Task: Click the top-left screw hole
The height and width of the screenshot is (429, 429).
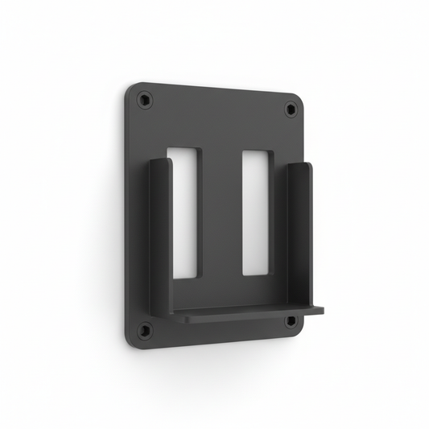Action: [x=145, y=101]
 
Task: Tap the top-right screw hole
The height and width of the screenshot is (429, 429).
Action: [x=291, y=109]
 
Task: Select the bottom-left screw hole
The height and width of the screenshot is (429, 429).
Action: [x=145, y=330]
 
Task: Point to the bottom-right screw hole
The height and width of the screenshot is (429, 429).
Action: [x=291, y=320]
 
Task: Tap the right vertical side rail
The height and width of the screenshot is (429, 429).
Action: [x=300, y=233]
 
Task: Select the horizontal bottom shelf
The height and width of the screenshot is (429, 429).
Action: [x=241, y=314]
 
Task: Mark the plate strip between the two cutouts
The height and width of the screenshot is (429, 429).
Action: [x=222, y=217]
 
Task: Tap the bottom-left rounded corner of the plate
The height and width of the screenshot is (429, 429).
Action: [x=131, y=343]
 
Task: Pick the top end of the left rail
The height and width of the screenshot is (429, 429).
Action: [x=160, y=162]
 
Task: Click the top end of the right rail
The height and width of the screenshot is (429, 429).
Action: [x=300, y=167]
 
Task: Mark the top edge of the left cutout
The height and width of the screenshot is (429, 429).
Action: [x=184, y=148]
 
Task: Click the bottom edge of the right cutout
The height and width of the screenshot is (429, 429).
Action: [x=258, y=274]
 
